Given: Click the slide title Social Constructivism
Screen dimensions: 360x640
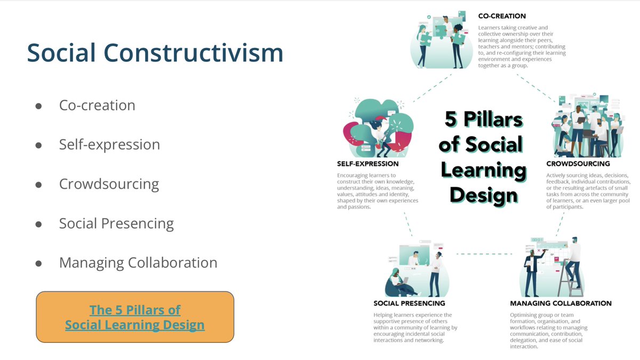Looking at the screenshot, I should [155, 53].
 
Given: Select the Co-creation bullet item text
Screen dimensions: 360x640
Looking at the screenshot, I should [97, 105].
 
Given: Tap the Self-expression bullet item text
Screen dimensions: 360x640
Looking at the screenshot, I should [109, 145].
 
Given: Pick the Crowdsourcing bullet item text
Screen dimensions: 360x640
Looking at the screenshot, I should [109, 184].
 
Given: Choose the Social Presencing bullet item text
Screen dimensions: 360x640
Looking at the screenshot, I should [116, 223].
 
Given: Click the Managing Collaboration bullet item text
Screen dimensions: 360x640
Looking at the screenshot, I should [138, 262].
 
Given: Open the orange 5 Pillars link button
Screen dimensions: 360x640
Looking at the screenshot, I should [135, 317].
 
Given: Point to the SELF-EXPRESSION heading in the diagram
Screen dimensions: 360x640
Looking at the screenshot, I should [368, 164].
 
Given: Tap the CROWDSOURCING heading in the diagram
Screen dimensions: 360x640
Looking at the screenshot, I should [578, 164].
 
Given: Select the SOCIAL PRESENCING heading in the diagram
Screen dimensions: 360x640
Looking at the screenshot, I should [409, 303].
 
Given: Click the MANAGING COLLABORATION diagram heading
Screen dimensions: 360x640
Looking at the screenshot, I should [561, 303].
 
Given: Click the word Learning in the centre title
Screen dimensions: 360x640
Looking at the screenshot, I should [488, 170].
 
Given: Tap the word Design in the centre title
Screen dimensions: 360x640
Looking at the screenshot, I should [483, 195].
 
